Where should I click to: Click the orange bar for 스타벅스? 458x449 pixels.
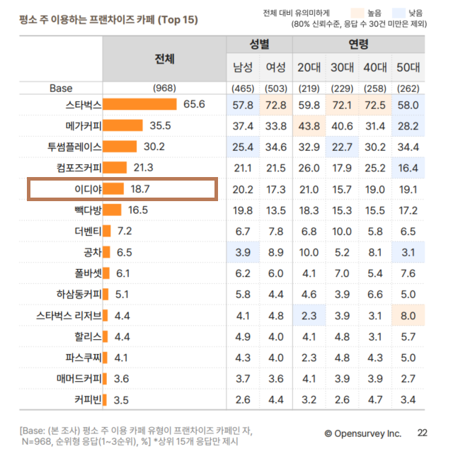tap(139, 105)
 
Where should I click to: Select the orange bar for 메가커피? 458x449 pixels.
tap(122, 126)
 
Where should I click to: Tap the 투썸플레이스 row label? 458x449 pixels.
tap(71, 147)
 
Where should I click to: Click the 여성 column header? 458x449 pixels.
tap(275, 68)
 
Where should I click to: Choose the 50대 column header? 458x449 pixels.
tap(408, 68)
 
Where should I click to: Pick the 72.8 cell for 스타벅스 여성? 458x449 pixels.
tap(275, 105)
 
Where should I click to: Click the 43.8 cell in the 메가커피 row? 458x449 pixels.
tap(309, 126)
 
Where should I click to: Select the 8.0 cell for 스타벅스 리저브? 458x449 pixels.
tap(408, 315)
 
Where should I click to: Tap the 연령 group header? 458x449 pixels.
tap(358, 45)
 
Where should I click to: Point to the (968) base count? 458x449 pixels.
tap(164, 89)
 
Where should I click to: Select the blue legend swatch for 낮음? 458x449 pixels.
tap(423, 13)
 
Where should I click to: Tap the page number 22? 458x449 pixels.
tap(423, 432)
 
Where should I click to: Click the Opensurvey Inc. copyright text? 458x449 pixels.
tap(362, 433)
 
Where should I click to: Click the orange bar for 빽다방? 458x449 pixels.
tap(112, 210)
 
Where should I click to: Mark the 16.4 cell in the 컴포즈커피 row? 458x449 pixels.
tap(408, 168)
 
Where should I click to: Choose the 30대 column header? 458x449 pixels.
tap(342, 68)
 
